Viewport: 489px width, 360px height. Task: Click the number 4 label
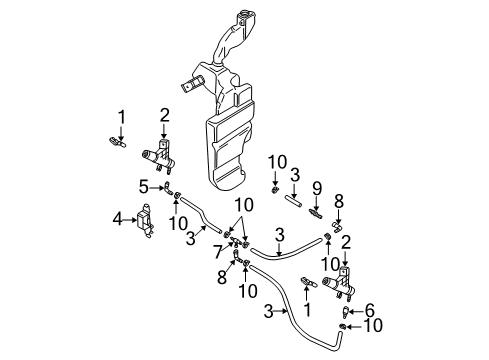pos(117,220)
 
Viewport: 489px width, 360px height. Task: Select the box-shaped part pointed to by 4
pos(145,221)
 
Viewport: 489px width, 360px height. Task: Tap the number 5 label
pos(144,187)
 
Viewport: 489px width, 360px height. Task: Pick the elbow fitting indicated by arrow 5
pos(168,188)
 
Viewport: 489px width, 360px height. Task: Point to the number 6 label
pos(370,310)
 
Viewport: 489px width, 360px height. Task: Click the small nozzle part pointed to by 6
pos(345,312)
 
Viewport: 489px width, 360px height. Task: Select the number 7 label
pos(218,252)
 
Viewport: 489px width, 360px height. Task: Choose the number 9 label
pos(317,189)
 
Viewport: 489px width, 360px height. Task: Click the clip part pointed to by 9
pos(315,213)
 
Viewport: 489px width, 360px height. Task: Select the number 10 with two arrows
pos(244,205)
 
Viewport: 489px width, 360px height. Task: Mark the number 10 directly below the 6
pos(373,325)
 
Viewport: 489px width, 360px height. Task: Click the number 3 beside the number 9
pos(295,175)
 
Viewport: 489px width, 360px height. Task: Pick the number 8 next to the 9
pos(339,201)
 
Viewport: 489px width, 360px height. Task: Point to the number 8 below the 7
pos(222,277)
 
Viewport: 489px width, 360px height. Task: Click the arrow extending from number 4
pos(129,220)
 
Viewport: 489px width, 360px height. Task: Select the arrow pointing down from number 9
pos(316,203)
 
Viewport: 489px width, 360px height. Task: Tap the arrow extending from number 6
pos(357,311)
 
